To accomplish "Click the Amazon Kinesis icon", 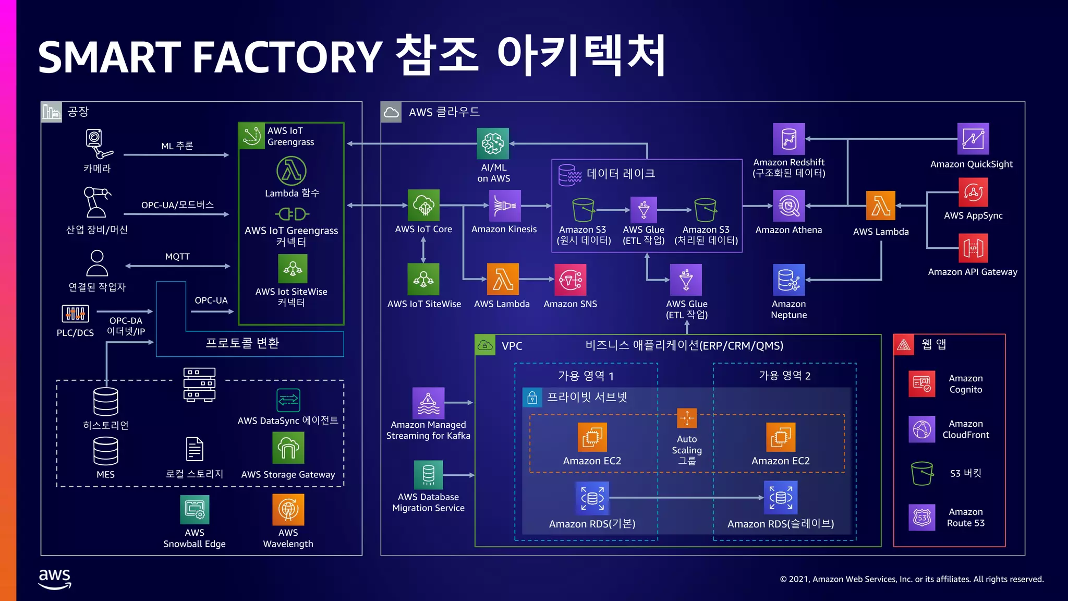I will tap(504, 206).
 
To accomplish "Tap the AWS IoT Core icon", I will tap(423, 206).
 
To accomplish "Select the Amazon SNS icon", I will tap(570, 280).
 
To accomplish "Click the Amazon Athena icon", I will tap(788, 206).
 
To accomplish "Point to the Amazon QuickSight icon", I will tap(973, 139).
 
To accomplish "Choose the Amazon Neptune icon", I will tap(788, 280).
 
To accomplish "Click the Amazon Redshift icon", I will tap(788, 139).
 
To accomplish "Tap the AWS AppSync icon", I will tap(973, 193).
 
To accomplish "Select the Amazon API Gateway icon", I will tap(973, 248).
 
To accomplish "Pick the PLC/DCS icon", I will tap(75, 314).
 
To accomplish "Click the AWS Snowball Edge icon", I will tap(195, 509).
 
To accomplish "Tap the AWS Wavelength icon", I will tap(288, 509).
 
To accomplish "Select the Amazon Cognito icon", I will tap(921, 384).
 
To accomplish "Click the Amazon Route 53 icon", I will tap(921, 518).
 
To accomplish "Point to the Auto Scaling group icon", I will tap(687, 418).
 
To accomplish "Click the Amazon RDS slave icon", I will tap(780, 497).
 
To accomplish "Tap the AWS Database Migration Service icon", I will tap(428, 475).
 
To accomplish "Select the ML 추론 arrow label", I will tap(177, 146).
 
